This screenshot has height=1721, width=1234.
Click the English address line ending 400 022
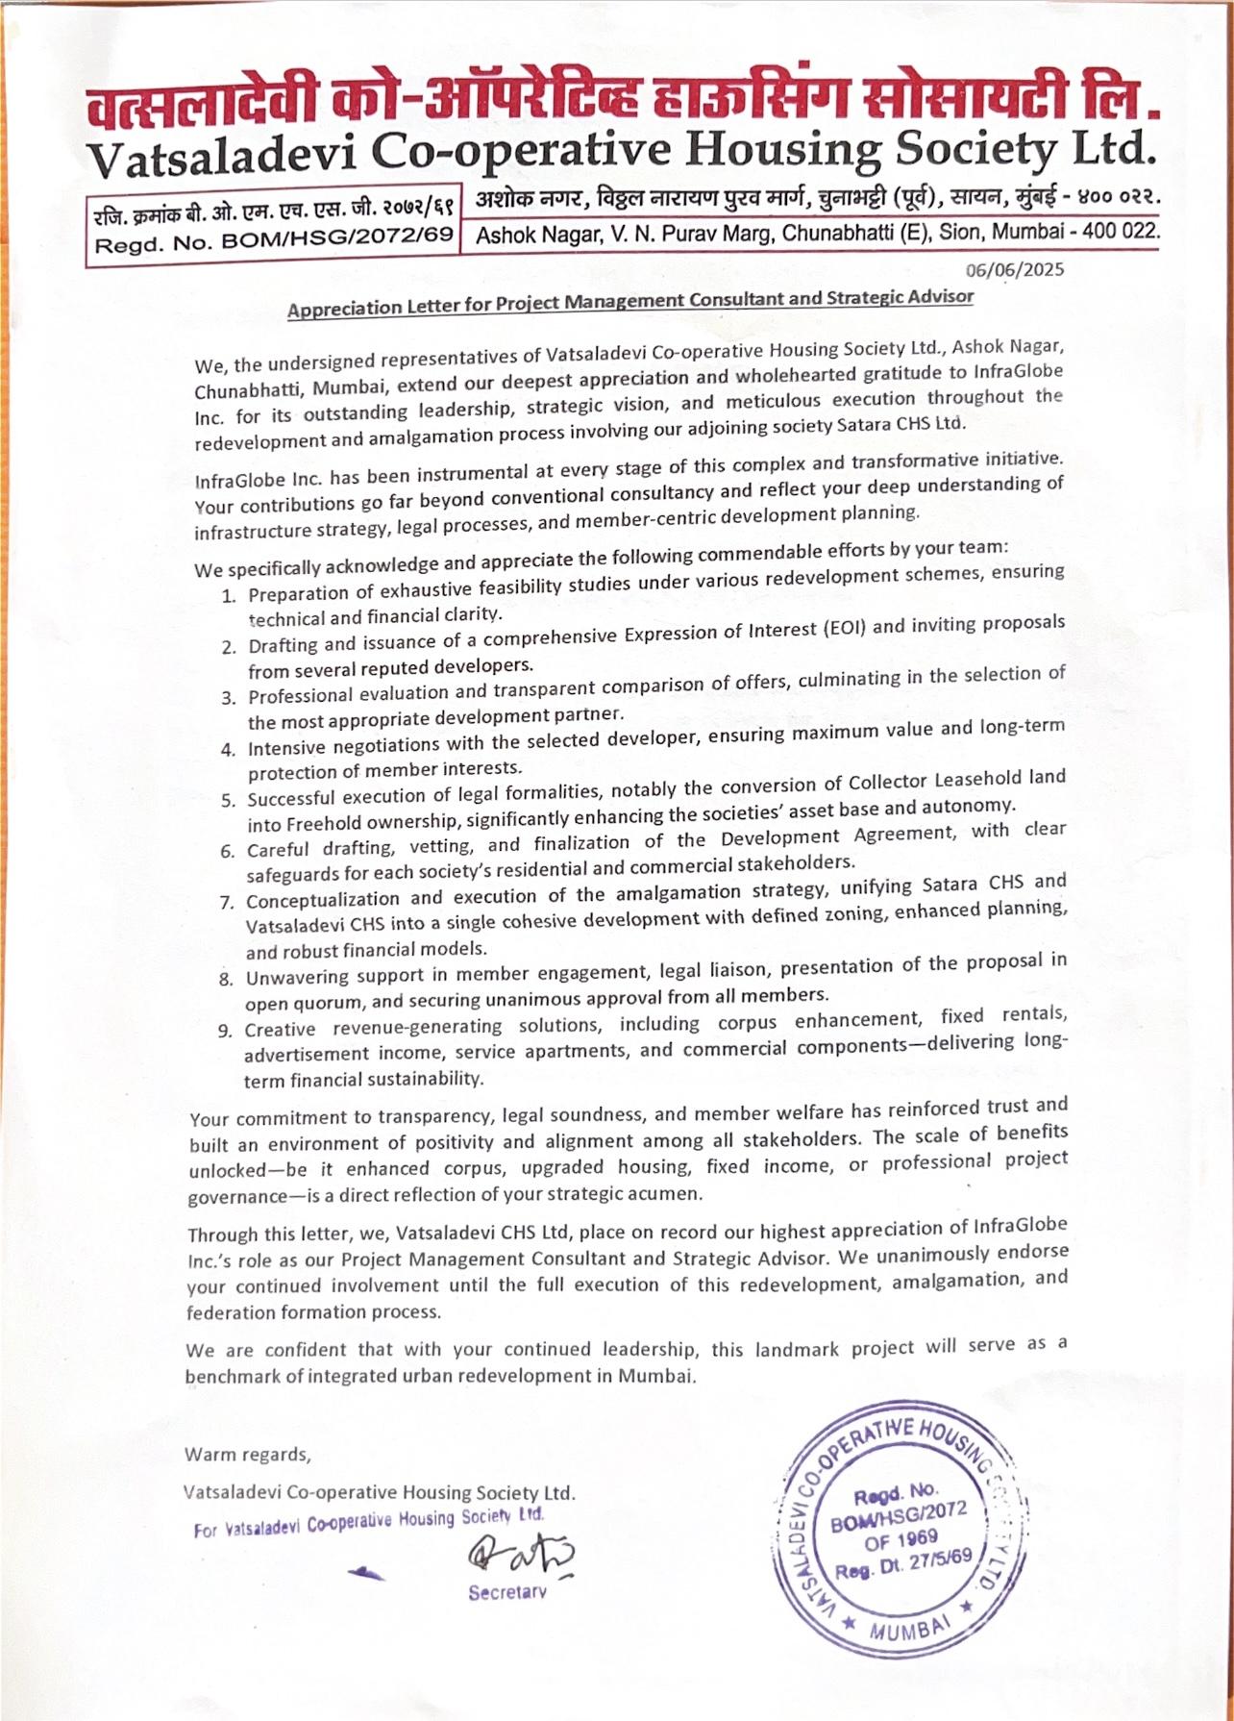pyautogui.click(x=818, y=233)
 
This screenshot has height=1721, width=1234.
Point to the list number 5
pyautogui.click(x=228, y=800)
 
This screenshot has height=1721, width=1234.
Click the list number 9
pyautogui.click(x=225, y=1031)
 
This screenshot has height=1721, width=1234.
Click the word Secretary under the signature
pyautogui.click(x=507, y=1592)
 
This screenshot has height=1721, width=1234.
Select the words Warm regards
pyautogui.click(x=247, y=1454)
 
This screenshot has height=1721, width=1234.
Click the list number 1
pyautogui.click(x=229, y=595)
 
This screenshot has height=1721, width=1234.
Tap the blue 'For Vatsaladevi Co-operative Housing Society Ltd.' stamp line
pyautogui.click(x=369, y=1521)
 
